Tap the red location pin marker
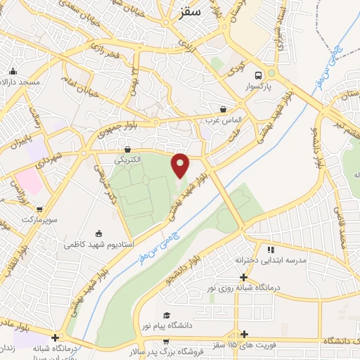point(181,165)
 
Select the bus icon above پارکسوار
point(259,75)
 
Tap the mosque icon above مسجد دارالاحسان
point(13,71)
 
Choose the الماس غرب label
point(224,120)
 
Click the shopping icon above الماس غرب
point(224,109)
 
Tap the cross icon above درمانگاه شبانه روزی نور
point(243,276)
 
